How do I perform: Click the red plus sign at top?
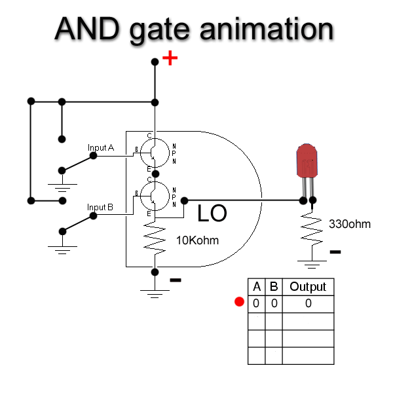pyautogui.click(x=170, y=58)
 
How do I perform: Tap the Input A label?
pyautogui.click(x=101, y=148)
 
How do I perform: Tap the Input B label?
pyautogui.click(x=101, y=208)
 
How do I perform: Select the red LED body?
pyautogui.click(x=307, y=161)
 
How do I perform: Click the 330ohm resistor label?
pyautogui.click(x=349, y=224)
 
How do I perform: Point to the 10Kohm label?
pyautogui.click(x=197, y=240)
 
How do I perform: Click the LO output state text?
pyautogui.click(x=212, y=214)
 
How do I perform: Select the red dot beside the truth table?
pyautogui.click(x=239, y=302)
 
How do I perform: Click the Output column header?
pyautogui.click(x=308, y=286)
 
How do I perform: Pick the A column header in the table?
pyautogui.click(x=257, y=286)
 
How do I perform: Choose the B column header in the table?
pyautogui.click(x=274, y=286)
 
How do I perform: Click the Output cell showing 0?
pyautogui.click(x=308, y=303)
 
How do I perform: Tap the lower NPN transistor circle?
pyautogui.click(x=155, y=195)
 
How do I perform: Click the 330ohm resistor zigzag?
pyautogui.click(x=312, y=229)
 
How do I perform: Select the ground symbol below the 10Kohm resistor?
pyautogui.click(x=155, y=293)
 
